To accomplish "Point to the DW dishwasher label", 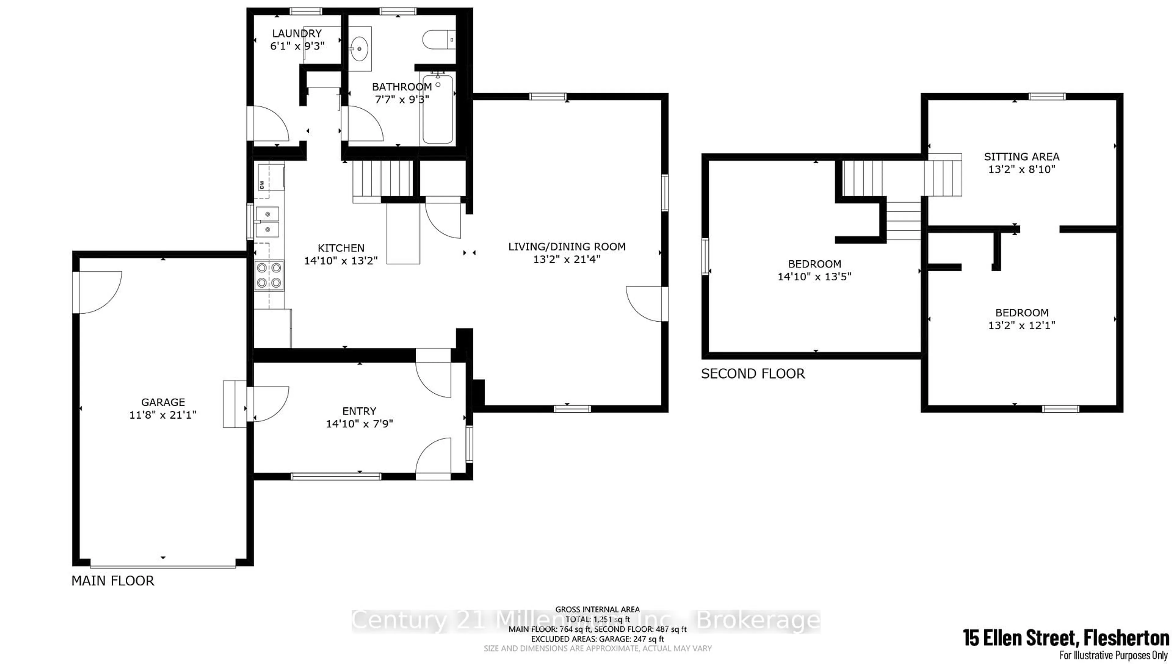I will coord(262,185).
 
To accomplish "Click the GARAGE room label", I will coord(163,402).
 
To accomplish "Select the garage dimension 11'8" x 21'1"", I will coord(163,415).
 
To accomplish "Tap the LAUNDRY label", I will coord(297,33).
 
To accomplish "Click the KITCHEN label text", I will coord(341,248).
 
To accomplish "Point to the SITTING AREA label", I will coord(1022,157).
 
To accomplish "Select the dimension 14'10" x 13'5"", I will coord(815,276).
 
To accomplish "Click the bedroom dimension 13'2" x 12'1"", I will coord(1022,326).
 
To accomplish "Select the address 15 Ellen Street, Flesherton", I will coord(1066,637).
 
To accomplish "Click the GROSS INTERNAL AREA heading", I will coord(597,609).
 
